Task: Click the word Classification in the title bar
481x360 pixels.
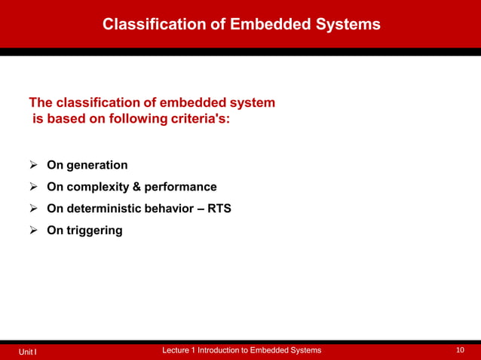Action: pos(153,25)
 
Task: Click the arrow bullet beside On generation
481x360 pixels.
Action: pos(34,165)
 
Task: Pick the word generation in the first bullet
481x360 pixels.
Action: pos(97,165)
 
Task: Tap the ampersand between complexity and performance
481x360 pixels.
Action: pos(137,187)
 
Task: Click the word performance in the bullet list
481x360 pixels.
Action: pos(180,187)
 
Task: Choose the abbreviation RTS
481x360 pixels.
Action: pos(219,209)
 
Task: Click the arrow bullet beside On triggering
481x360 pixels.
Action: pos(34,230)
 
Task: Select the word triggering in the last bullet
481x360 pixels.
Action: pos(94,230)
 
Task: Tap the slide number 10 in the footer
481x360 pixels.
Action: pos(461,351)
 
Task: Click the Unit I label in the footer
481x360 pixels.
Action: pos(29,352)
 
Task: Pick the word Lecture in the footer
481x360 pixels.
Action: pos(178,351)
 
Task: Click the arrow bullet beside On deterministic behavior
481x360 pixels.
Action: pos(34,209)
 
